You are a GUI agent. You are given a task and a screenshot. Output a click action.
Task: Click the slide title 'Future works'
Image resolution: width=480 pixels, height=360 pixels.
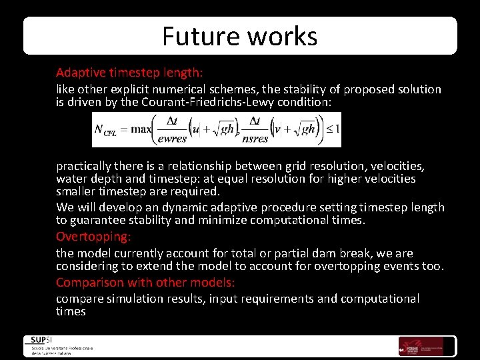click(x=239, y=36)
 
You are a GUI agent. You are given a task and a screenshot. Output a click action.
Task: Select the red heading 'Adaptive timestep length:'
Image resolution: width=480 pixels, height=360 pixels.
click(x=129, y=72)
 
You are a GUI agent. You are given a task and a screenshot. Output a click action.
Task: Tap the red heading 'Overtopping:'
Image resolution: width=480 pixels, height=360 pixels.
click(x=94, y=237)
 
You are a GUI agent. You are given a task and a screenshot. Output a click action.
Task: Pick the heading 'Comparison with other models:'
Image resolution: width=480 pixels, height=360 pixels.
click(x=145, y=282)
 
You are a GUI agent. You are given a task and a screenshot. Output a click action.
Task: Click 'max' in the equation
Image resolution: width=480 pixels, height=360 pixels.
click(x=141, y=129)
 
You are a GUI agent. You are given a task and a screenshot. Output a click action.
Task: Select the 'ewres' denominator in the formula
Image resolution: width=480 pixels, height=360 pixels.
click(x=173, y=139)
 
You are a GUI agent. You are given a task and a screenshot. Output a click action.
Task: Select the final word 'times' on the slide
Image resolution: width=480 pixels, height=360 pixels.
click(x=71, y=311)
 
